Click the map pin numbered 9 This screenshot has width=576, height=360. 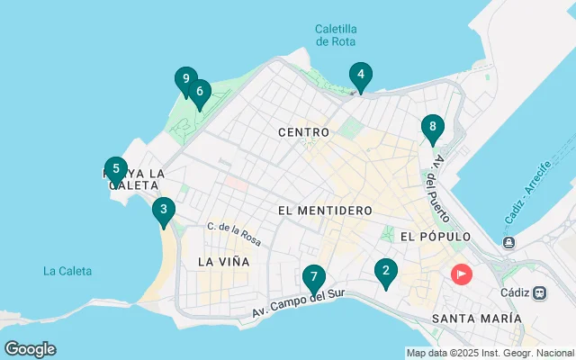(x=185, y=79)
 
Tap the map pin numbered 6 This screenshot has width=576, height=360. (x=199, y=91)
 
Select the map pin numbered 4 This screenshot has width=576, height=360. (x=360, y=75)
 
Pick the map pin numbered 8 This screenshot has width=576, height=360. (x=433, y=127)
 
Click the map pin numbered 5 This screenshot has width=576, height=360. (x=115, y=168)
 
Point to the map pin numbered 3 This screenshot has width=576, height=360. (x=163, y=211)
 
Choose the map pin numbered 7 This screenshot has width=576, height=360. (x=313, y=276)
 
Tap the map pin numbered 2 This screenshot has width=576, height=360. (x=386, y=270)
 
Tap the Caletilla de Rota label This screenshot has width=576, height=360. (x=336, y=35)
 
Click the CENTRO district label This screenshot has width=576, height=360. (x=303, y=132)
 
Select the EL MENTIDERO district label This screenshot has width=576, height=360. (x=326, y=211)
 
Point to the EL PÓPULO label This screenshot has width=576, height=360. (x=436, y=237)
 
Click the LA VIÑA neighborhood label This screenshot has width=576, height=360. (x=223, y=261)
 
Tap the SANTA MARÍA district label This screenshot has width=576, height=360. (x=476, y=319)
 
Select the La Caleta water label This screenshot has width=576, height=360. (x=66, y=270)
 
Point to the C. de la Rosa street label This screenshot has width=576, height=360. (x=233, y=234)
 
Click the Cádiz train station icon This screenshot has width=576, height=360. (x=540, y=292)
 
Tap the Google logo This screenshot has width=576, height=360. (x=30, y=349)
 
